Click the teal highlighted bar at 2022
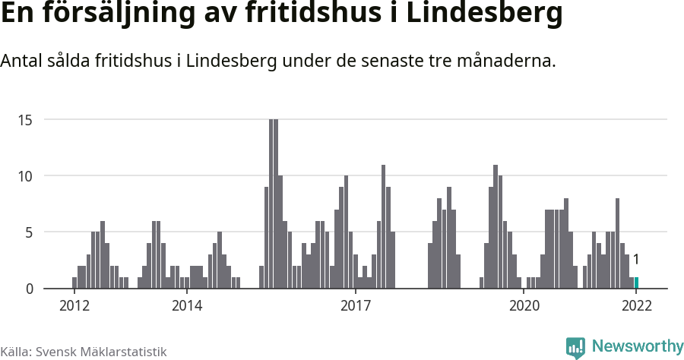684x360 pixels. coord(636,283)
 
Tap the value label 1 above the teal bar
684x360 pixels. coord(635,260)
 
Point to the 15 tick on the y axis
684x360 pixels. coord(25,120)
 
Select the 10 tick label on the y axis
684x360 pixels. coord(25,176)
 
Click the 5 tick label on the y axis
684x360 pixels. coord(29,232)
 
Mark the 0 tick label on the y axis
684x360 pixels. coord(29,289)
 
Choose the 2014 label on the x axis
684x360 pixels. coord(187,305)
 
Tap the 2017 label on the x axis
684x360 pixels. coord(356,305)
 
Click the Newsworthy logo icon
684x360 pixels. coord(575,347)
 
